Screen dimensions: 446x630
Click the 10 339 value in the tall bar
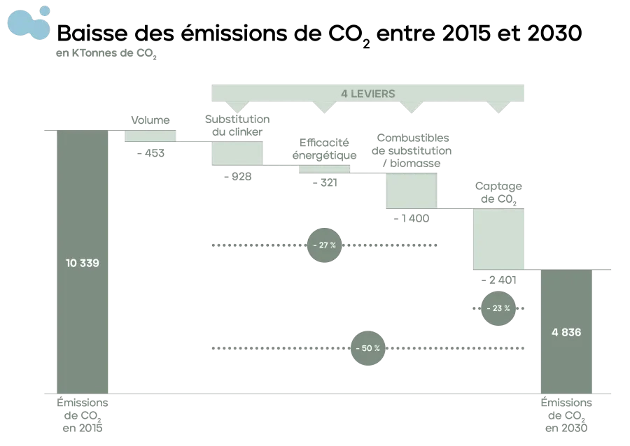pyautogui.click(x=83, y=264)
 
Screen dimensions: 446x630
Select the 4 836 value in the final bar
pyautogui.click(x=566, y=332)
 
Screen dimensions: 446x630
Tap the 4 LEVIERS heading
pyautogui.click(x=367, y=94)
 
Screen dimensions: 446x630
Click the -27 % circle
pyautogui.click(x=324, y=245)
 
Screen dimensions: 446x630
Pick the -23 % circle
pyautogui.click(x=498, y=308)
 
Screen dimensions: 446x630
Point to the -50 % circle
pyautogui.click(x=367, y=348)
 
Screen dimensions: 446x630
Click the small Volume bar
pyautogui.click(x=150, y=136)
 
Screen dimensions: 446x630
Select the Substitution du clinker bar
pyautogui.click(x=237, y=153)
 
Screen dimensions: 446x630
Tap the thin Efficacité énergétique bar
pyautogui.click(x=323, y=168)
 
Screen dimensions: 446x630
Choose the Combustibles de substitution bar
pyautogui.click(x=412, y=190)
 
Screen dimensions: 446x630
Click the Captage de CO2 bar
pyautogui.click(x=498, y=238)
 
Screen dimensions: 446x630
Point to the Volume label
pyautogui.click(x=150, y=122)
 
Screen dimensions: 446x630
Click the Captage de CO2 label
pyautogui.click(x=498, y=191)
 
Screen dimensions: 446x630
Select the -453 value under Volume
pyautogui.click(x=150, y=152)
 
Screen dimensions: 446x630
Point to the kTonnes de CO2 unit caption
pyautogui.click(x=105, y=54)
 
